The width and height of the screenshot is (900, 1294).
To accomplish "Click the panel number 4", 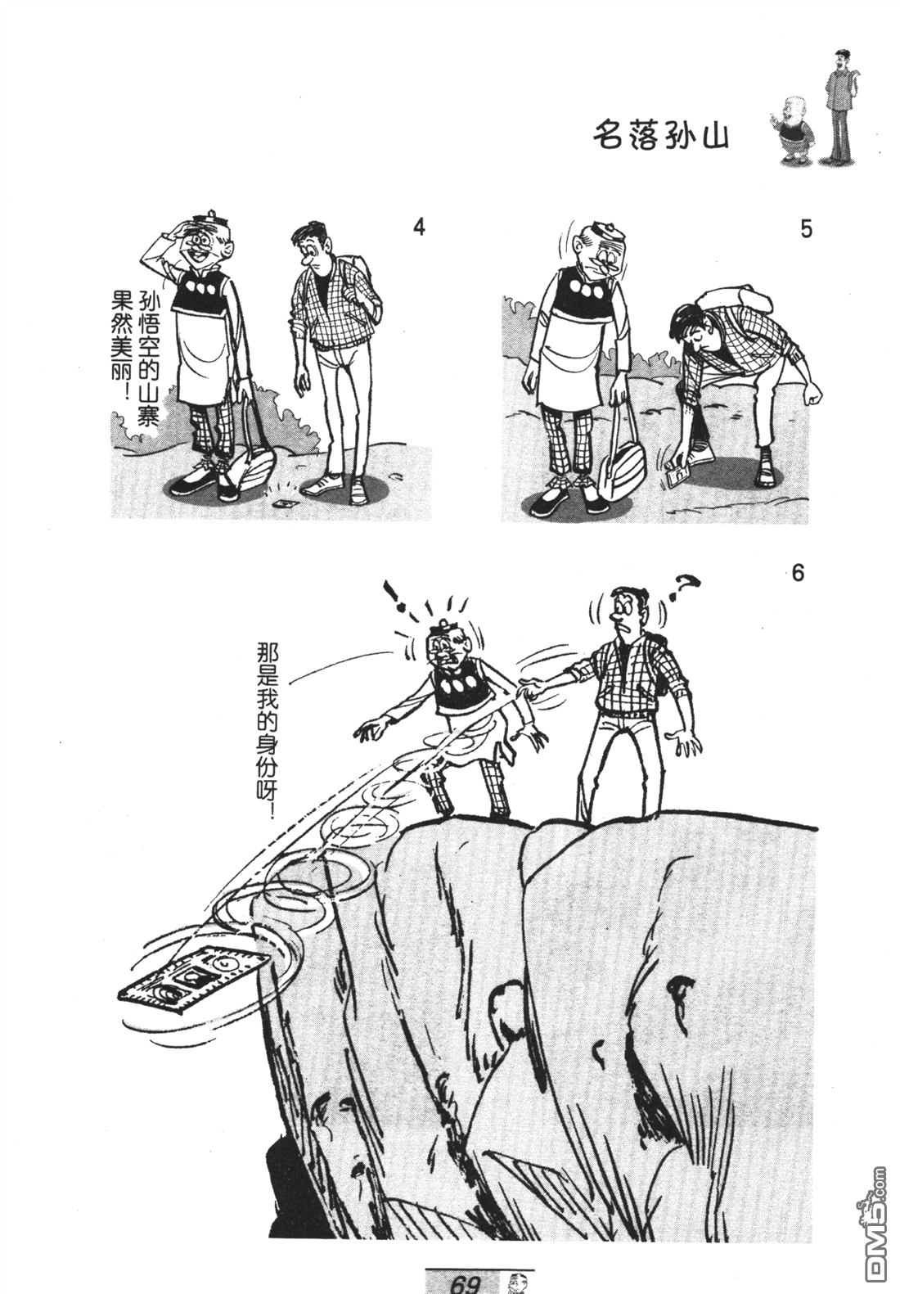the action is [x=419, y=228].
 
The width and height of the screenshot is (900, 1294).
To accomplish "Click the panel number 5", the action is [x=807, y=229].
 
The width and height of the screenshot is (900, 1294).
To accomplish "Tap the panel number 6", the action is [x=797, y=575].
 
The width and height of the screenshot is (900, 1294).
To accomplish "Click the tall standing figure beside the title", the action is [x=842, y=106].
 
